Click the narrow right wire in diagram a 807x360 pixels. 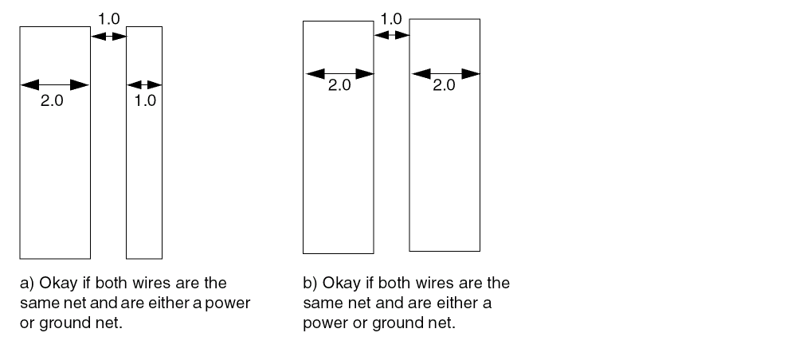(144, 175)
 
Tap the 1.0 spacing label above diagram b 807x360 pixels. (391, 18)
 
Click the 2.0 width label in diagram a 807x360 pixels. (51, 101)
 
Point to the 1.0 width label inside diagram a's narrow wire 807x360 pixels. (145, 101)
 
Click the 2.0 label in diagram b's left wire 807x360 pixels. (339, 86)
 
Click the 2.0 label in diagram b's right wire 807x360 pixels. (444, 86)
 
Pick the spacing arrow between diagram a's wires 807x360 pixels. (109, 37)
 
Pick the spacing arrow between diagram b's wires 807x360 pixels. (391, 34)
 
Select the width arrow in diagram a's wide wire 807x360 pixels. (54, 84)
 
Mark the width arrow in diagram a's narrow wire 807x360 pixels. (144, 84)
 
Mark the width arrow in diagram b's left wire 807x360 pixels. (339, 73)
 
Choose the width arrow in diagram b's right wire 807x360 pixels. (445, 73)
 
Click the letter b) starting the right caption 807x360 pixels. (310, 284)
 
